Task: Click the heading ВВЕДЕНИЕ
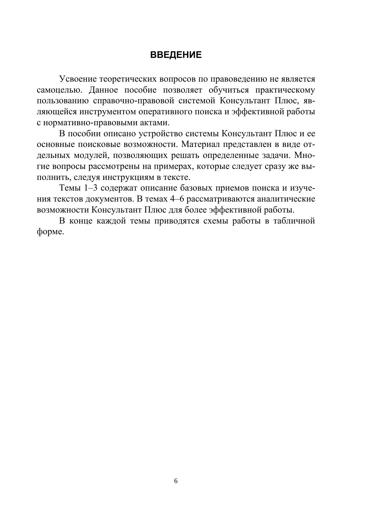click(x=176, y=55)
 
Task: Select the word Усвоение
click(x=78, y=79)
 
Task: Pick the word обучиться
click(x=229, y=90)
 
